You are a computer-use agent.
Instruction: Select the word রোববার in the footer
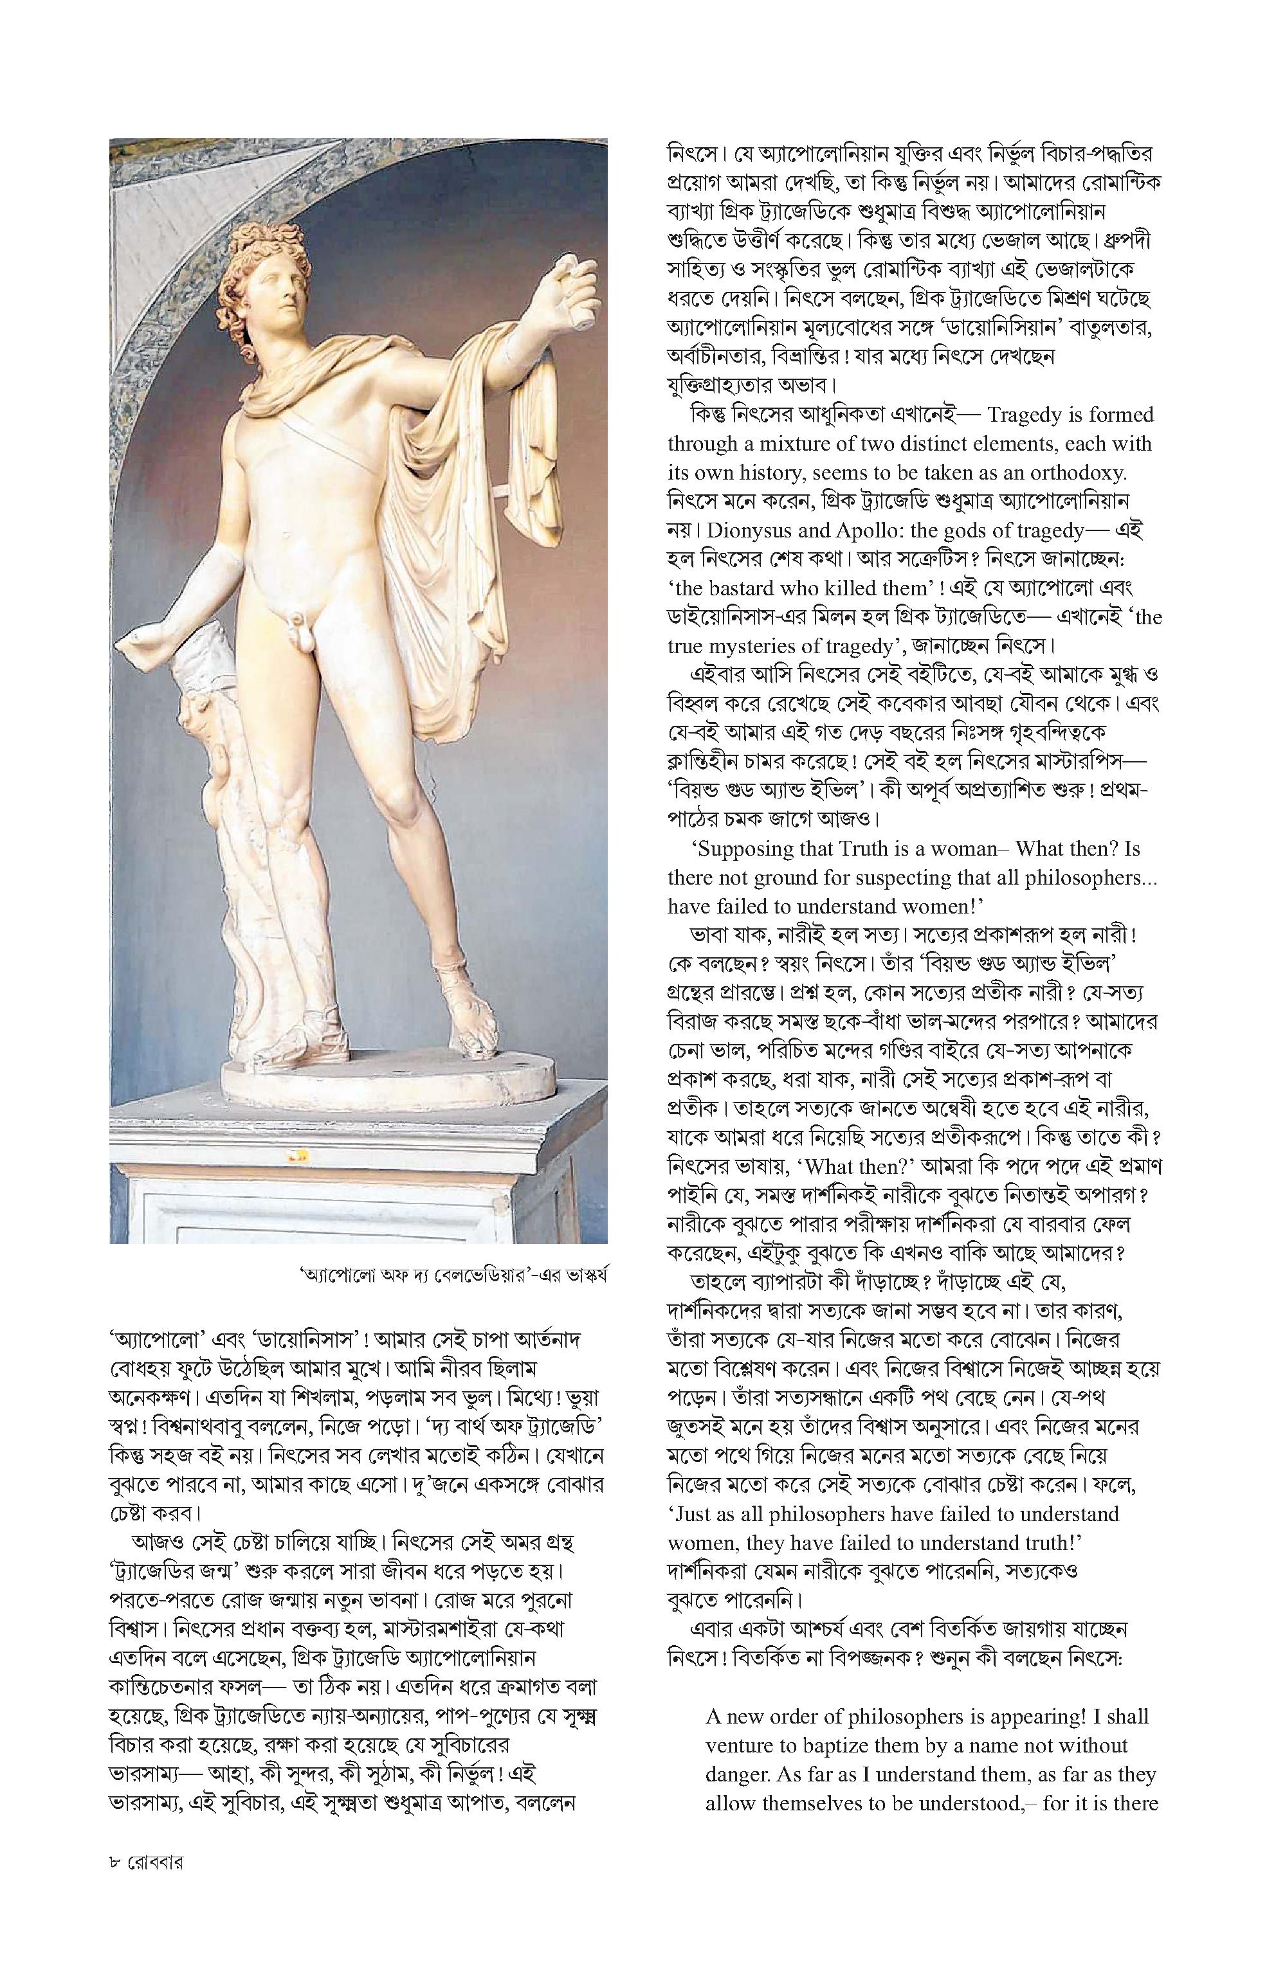(x=155, y=1885)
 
